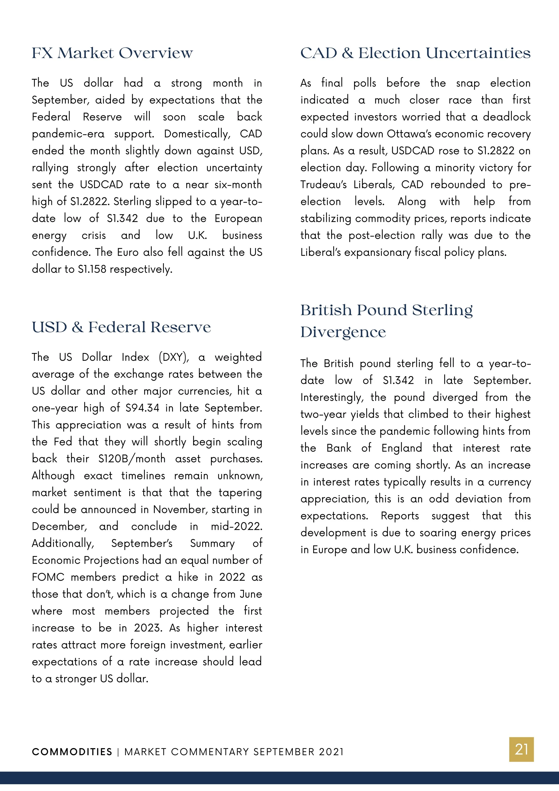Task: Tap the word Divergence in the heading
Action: [x=343, y=332]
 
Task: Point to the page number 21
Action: [x=521, y=750]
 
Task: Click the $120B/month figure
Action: [x=131, y=459]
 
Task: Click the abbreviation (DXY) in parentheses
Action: [x=174, y=357]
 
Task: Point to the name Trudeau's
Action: [x=323, y=185]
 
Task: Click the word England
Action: [x=402, y=448]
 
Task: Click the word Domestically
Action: [x=197, y=134]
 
